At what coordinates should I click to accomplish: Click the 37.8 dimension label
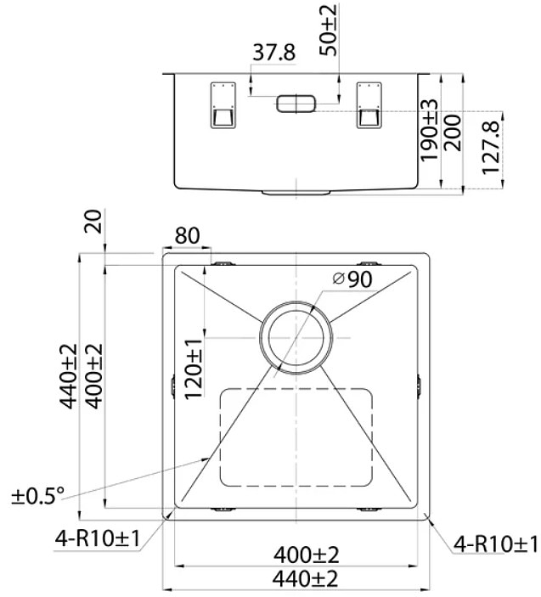(x=273, y=52)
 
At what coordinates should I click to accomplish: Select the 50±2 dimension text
(x=328, y=30)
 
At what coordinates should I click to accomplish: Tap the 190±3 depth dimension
(x=430, y=130)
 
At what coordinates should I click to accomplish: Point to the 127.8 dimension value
(x=491, y=148)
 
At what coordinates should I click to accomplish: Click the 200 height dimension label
(x=453, y=132)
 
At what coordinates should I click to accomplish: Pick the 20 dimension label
(x=93, y=221)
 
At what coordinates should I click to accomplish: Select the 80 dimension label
(x=187, y=236)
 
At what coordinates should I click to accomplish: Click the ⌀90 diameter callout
(x=352, y=279)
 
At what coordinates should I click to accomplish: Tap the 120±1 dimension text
(x=194, y=369)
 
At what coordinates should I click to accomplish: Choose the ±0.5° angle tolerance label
(x=37, y=496)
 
